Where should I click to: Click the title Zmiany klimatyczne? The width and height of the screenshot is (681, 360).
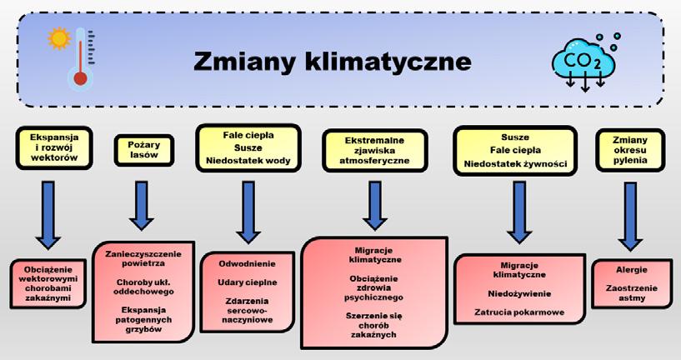[x=332, y=62]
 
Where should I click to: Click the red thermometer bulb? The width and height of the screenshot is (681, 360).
[x=81, y=78]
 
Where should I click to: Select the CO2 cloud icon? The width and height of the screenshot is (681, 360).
[x=583, y=60]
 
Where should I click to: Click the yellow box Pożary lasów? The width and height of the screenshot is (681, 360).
[x=138, y=151]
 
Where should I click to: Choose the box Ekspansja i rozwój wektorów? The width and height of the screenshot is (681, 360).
[x=53, y=147]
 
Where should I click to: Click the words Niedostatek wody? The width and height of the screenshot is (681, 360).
[x=248, y=161]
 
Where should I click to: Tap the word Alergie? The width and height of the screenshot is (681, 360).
[x=631, y=270]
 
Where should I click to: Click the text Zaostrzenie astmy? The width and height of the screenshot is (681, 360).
[x=631, y=292]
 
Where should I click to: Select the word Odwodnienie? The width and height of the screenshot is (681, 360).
[x=248, y=263]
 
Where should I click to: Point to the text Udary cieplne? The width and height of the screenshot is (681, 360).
[x=248, y=282]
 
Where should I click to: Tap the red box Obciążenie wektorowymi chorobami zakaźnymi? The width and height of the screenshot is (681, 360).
[x=49, y=283]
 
